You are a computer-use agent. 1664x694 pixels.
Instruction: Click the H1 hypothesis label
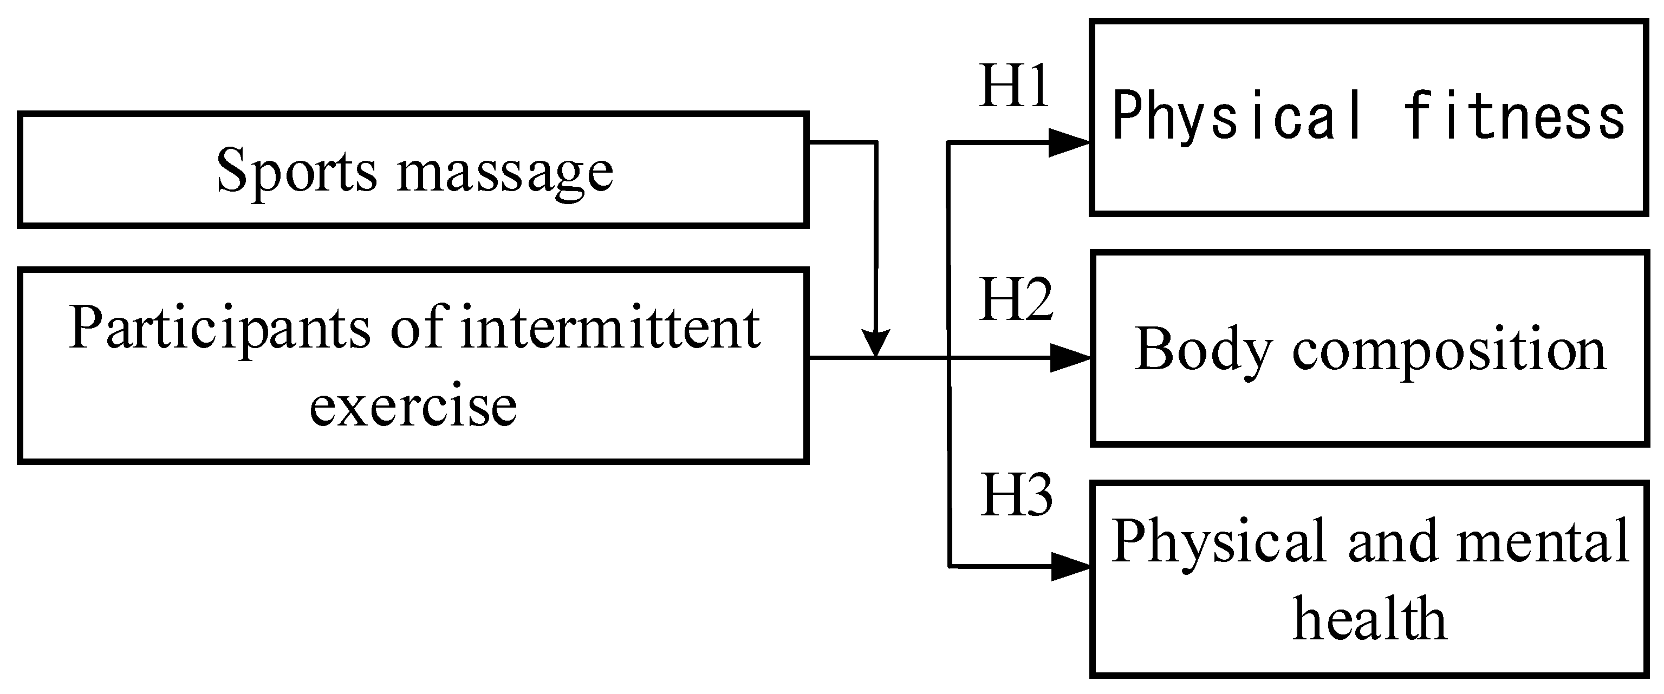(1013, 87)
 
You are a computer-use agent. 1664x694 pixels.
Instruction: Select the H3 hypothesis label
(1016, 495)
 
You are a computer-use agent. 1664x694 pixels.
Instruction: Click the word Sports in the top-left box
(296, 172)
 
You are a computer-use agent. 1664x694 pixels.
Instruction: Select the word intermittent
(610, 329)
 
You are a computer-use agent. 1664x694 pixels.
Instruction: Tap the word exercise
(413, 406)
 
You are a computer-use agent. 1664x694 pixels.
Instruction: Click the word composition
(1448, 352)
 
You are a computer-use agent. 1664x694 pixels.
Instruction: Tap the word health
(1369, 619)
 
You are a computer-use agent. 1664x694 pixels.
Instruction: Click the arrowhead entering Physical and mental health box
(1070, 567)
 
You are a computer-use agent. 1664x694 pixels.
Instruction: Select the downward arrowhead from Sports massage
(876, 342)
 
